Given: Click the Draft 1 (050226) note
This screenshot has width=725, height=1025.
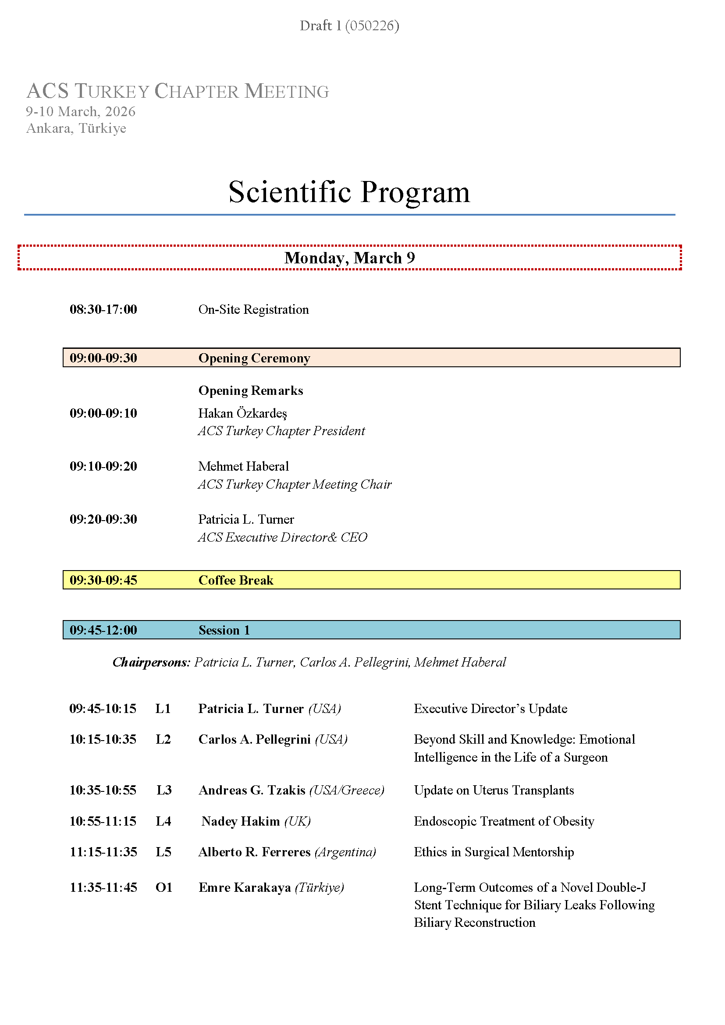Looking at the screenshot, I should pyautogui.click(x=349, y=26).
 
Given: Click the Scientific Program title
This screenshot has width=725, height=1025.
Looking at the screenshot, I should pyautogui.click(x=349, y=192).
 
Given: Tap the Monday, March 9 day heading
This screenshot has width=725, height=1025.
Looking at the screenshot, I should pyautogui.click(x=349, y=258).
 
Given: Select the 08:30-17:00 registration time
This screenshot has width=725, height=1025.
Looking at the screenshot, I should pyautogui.click(x=103, y=309).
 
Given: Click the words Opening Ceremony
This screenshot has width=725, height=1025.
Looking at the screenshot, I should pyautogui.click(x=254, y=358).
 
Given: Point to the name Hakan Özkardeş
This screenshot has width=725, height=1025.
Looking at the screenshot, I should pyautogui.click(x=242, y=413).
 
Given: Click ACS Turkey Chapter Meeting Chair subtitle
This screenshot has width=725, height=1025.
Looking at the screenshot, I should pyautogui.click(x=295, y=484).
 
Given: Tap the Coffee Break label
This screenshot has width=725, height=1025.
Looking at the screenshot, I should pyautogui.click(x=236, y=580).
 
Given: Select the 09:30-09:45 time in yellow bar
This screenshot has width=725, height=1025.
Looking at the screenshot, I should pyautogui.click(x=103, y=580).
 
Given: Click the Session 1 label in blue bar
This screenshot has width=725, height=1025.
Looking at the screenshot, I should pyautogui.click(x=224, y=630).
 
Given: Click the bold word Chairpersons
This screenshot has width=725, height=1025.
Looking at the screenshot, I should pyautogui.click(x=151, y=663).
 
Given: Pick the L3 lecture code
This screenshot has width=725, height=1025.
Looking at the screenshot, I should pyautogui.click(x=164, y=791).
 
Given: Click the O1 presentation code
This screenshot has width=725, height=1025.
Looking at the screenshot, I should pyautogui.click(x=164, y=887).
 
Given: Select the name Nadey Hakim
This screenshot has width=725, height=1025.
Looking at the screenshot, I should pyautogui.click(x=241, y=821).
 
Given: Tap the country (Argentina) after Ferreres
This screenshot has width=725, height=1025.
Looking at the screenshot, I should pyautogui.click(x=345, y=852).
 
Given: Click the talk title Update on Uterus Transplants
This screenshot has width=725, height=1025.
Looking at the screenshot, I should pyautogui.click(x=494, y=791).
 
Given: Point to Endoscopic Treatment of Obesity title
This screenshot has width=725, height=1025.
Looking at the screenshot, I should pyautogui.click(x=504, y=821).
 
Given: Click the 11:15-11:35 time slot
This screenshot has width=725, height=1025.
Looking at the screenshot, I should pyautogui.click(x=103, y=852).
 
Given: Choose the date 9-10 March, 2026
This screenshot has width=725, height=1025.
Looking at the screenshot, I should pyautogui.click(x=80, y=112).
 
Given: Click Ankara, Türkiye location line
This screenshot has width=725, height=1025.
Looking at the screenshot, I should pyautogui.click(x=76, y=128).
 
